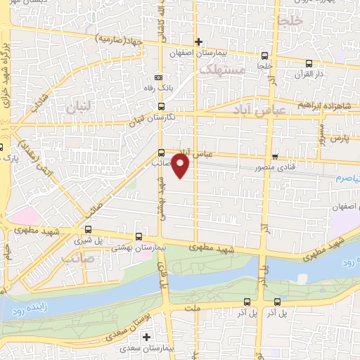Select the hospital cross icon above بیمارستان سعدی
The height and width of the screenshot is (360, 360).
(x=166, y=337)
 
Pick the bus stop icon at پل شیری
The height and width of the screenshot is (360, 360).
(x=88, y=229)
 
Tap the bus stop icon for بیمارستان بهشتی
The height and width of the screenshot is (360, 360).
(x=138, y=237)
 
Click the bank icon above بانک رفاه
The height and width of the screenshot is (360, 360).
(x=159, y=77)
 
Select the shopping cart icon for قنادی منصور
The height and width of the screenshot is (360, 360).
(x=275, y=156)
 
